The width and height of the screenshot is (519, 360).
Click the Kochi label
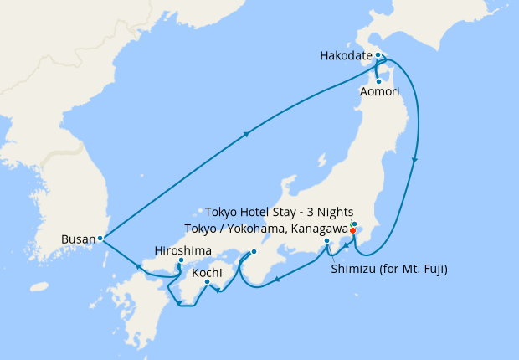pyautogui.click(x=207, y=273)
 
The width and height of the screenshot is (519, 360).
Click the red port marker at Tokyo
pyautogui.click(x=352, y=231)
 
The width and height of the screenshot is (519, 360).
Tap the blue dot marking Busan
pyautogui.click(x=100, y=238)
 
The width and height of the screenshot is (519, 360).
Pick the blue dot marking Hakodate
pyautogui.click(x=378, y=55)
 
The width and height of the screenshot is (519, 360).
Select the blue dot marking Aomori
pyautogui.click(x=379, y=81)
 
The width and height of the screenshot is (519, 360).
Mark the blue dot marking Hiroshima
pyautogui.click(x=181, y=260)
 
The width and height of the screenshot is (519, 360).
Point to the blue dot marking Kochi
pyautogui.click(x=207, y=281)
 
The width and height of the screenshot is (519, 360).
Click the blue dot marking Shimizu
pyautogui.click(x=326, y=242)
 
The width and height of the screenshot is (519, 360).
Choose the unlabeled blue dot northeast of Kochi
pyautogui.click(x=254, y=252)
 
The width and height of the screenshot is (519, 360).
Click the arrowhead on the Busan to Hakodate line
pyautogui.click(x=248, y=133)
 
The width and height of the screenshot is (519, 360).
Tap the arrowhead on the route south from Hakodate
pyautogui.click(x=416, y=160)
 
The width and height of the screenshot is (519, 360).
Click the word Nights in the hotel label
pyautogui.click(x=335, y=212)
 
